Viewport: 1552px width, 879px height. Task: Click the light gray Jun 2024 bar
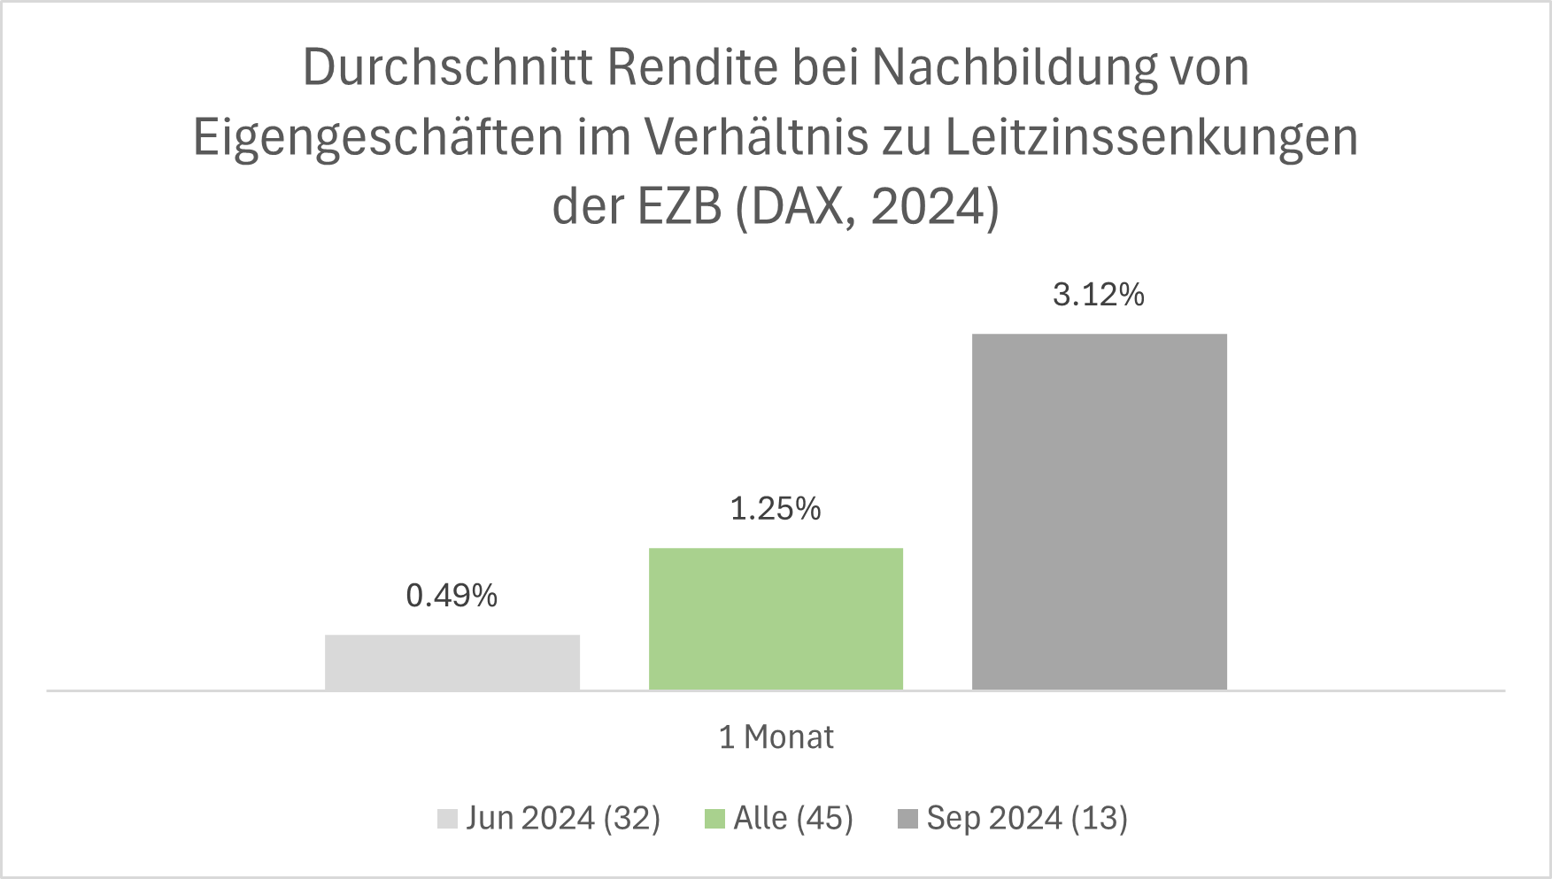[452, 662]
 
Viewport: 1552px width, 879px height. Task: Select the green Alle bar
[776, 619]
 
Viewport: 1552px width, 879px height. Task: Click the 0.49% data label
[452, 596]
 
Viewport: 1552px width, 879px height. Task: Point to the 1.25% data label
[776, 509]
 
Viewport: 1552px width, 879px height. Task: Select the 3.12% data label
[1099, 295]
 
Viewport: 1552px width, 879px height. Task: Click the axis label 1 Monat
[776, 737]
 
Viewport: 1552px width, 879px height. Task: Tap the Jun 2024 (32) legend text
[563, 818]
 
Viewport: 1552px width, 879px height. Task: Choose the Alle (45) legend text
[793, 818]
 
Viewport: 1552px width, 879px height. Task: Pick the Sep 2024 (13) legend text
[1027, 818]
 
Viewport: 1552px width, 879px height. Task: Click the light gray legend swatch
[447, 819]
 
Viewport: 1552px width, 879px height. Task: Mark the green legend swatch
[714, 819]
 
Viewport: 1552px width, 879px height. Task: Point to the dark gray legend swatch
[907, 819]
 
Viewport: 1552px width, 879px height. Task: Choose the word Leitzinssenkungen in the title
[1151, 138]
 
